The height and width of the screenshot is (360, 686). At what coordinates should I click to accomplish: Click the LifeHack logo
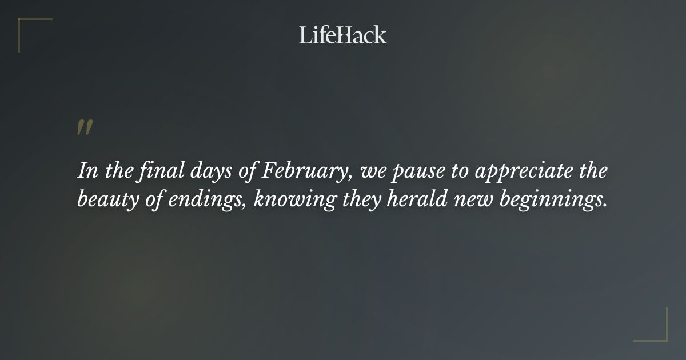coord(342,35)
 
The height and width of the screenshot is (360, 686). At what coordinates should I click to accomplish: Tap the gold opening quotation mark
coord(85,127)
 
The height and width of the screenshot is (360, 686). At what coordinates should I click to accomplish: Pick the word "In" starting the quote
coord(86,171)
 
